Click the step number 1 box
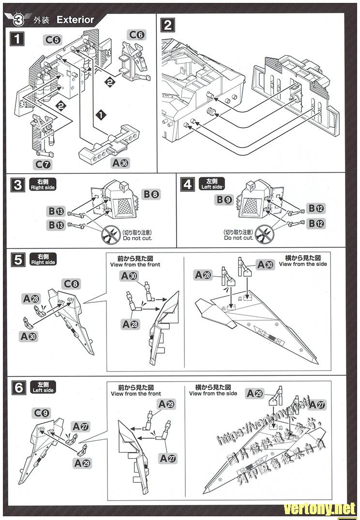point(17,38)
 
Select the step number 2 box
point(168,25)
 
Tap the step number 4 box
point(187,184)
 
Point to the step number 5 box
point(17,260)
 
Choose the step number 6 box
point(18,387)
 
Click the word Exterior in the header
point(75,20)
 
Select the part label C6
point(136,34)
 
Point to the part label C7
point(42,164)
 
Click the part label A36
point(120,163)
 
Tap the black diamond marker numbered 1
point(100,115)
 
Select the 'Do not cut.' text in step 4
point(239,238)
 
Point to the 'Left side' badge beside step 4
point(211,184)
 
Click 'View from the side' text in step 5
point(303,264)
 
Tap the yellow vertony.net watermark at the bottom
point(319,508)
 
